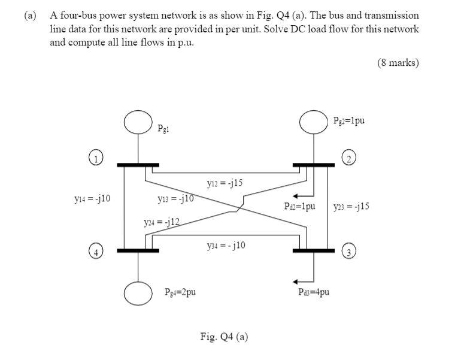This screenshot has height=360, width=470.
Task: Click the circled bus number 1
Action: [x=95, y=158]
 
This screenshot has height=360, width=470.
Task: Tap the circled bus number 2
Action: [x=348, y=158]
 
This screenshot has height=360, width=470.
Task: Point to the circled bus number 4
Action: [x=95, y=251]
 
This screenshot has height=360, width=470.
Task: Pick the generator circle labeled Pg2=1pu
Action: [x=314, y=122]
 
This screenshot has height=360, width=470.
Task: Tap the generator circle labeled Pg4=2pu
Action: [x=138, y=292]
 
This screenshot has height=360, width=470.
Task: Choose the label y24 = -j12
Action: [x=162, y=222]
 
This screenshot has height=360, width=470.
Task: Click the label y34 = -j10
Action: [x=225, y=245]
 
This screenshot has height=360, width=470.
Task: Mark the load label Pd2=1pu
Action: [x=300, y=206]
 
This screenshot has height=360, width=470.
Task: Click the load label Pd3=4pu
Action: [x=313, y=292]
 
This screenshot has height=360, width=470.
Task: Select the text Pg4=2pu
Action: [x=180, y=292]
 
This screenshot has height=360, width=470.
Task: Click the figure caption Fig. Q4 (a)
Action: [x=224, y=336]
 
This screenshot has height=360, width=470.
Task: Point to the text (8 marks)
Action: [x=398, y=62]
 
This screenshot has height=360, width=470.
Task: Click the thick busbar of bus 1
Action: [x=138, y=164]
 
